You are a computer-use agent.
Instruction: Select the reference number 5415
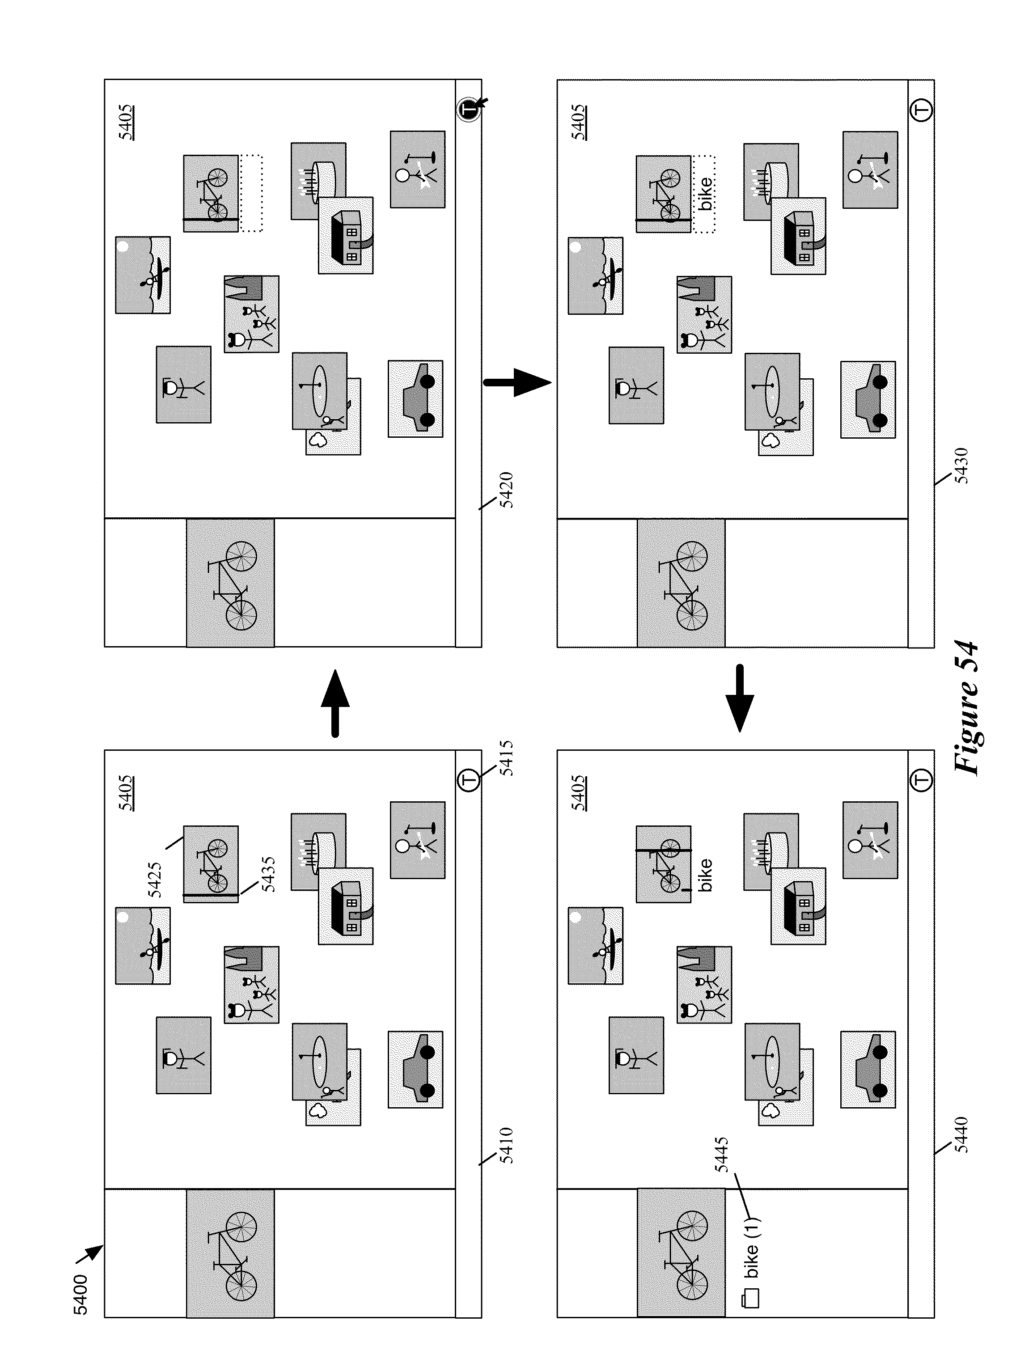coord(506,758)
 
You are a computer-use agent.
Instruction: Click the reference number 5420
coord(506,490)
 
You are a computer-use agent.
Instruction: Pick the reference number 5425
coord(155,880)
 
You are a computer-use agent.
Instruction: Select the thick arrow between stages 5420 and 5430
coord(517,383)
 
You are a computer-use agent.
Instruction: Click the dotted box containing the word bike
coord(704,194)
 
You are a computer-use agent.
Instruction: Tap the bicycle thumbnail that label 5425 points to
coord(211,863)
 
